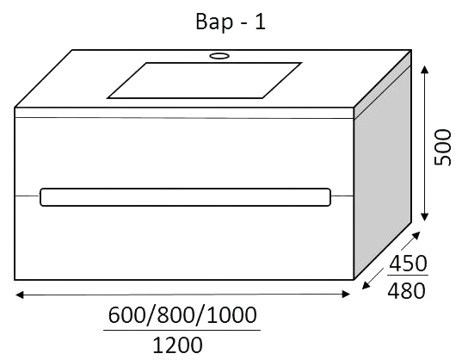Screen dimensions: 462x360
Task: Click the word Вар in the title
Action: point(214,22)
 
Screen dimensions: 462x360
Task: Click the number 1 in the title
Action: point(260,22)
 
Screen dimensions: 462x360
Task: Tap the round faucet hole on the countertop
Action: point(219,55)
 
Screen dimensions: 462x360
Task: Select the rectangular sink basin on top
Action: point(204,80)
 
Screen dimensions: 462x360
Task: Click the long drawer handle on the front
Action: point(185,197)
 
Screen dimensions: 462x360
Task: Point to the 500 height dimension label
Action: point(442,147)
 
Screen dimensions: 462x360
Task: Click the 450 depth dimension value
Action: point(408,264)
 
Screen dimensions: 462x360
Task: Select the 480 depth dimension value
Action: point(407,291)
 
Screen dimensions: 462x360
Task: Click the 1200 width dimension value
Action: point(178,344)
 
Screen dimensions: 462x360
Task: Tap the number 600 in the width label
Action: point(127,315)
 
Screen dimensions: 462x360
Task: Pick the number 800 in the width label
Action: point(176,315)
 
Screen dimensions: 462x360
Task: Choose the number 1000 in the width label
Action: point(231,315)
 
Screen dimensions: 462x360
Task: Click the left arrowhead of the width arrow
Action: point(19,295)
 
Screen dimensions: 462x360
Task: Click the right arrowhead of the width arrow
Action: point(346,295)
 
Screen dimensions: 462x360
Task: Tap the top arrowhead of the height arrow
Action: point(425,70)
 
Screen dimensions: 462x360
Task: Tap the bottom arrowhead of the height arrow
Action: point(425,217)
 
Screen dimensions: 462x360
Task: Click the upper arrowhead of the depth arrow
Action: point(416,236)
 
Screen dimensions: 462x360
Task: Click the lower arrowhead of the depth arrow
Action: point(367,284)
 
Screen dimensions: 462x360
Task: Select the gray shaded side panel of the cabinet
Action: point(382,165)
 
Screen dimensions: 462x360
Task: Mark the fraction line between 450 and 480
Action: point(408,276)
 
